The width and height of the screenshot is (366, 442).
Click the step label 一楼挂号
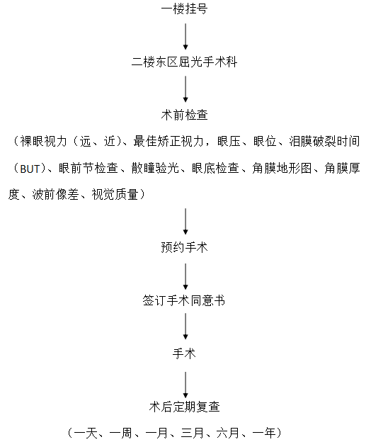pyautogui.click(x=185, y=8)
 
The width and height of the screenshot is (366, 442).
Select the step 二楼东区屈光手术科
pyautogui.click(x=185, y=62)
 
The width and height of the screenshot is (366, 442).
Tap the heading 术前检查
pyautogui.click(x=185, y=115)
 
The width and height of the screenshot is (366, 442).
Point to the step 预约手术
pyautogui.click(x=185, y=247)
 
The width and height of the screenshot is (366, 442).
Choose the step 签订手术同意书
pyautogui.click(x=184, y=300)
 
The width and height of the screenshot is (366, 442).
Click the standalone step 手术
pyautogui.click(x=184, y=353)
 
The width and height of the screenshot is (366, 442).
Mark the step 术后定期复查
pyautogui.click(x=185, y=407)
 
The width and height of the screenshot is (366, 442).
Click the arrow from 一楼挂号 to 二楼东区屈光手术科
pyautogui.click(x=185, y=36)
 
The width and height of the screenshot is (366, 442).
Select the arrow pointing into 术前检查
pyautogui.click(x=185, y=89)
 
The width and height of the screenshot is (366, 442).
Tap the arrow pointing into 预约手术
pyautogui.click(x=185, y=221)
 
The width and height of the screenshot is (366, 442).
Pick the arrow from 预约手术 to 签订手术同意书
pyautogui.click(x=185, y=276)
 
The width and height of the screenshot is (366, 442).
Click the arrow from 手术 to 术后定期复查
pyautogui.click(x=185, y=385)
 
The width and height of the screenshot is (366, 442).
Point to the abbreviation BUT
pyautogui.click(x=30, y=169)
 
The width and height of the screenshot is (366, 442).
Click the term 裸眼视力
pyautogui.click(x=43, y=141)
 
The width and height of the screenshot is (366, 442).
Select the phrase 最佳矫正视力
pyautogui.click(x=168, y=141)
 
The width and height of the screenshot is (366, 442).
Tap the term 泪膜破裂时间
pyautogui.click(x=324, y=141)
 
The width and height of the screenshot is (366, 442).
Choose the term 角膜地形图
pyautogui.click(x=282, y=169)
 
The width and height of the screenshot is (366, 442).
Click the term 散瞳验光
pyautogui.click(x=155, y=169)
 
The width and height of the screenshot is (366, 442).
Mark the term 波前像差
pyautogui.click(x=55, y=195)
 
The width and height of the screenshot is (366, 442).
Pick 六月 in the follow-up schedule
pyautogui.click(x=228, y=433)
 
